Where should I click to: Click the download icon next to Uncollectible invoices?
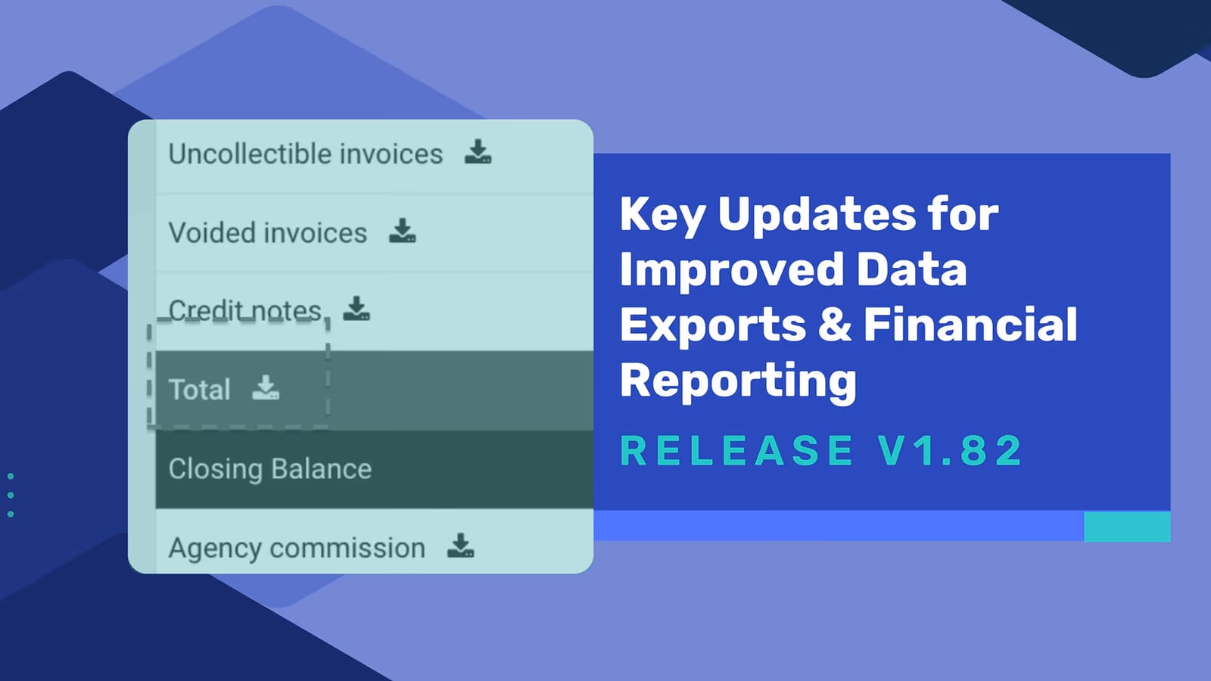478,151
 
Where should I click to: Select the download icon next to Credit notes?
356,308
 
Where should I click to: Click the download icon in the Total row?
266,387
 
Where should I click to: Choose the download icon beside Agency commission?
461,546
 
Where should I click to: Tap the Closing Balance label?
270,468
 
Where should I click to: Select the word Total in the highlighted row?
200,389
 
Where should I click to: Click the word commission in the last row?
347,548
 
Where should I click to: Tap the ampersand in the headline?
835,325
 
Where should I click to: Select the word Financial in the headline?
970,325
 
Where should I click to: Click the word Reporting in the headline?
739,381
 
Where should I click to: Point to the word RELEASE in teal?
736,450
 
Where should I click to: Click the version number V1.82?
950,450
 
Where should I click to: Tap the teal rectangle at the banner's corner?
1127,526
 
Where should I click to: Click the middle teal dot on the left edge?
11,495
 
